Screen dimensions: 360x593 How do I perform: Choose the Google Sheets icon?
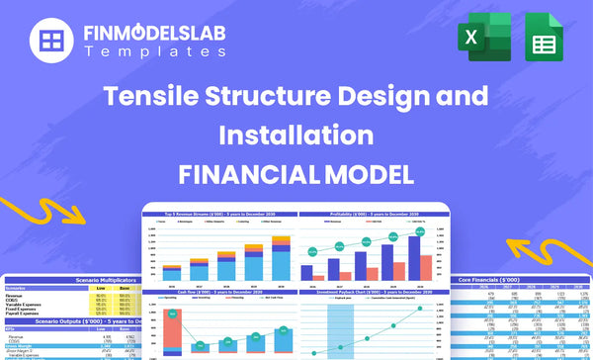[x=543, y=41]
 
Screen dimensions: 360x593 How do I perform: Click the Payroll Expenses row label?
[x=24, y=314]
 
